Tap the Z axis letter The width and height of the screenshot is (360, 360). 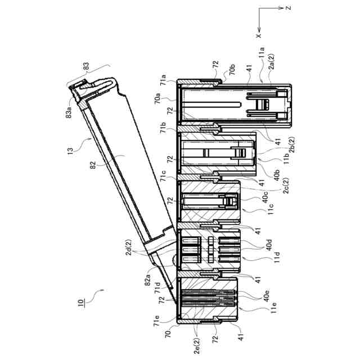pos(288,8)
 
